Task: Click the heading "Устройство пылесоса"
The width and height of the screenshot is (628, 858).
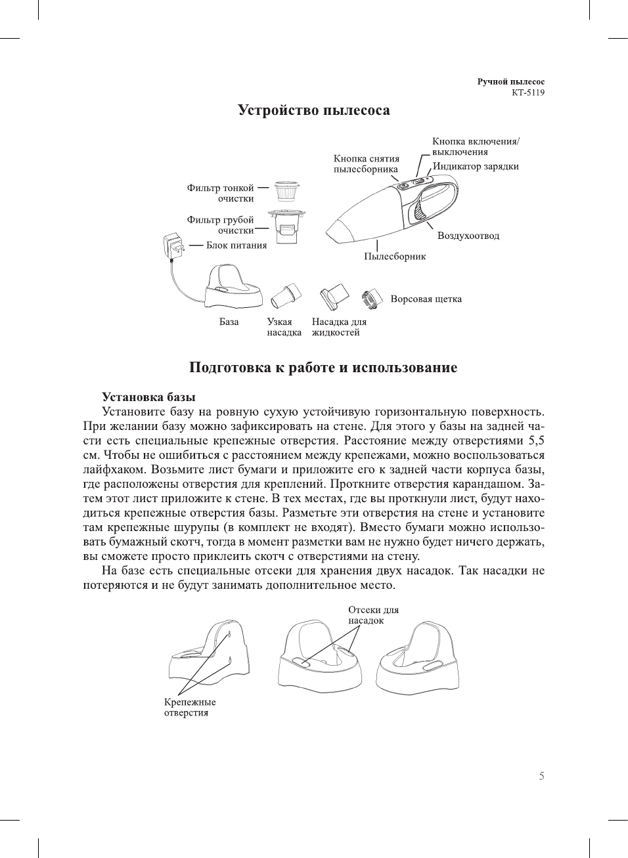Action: pos(313,110)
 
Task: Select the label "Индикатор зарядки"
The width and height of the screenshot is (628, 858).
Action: pos(476,167)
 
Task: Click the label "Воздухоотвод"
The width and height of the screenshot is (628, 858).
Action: pos(468,236)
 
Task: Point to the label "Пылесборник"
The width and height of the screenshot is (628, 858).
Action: pos(395,257)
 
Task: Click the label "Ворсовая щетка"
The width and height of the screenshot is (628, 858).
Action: pos(426,299)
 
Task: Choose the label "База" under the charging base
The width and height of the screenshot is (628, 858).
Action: pos(229,322)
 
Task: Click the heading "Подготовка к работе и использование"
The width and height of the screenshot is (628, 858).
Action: pos(323,368)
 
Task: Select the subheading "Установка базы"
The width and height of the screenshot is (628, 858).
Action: pos(148,397)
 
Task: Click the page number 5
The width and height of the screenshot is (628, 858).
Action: pos(541,777)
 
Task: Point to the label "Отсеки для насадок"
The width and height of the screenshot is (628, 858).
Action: pos(372,615)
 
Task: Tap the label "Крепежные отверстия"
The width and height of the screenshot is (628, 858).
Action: pos(189,708)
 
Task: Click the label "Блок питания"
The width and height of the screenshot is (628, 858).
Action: pos(236,246)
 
